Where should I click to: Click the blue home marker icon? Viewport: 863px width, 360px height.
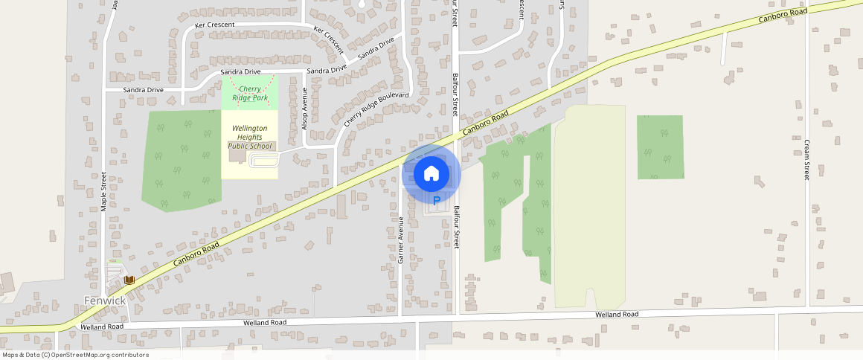[431, 174]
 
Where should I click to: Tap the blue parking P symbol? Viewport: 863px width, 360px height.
[437, 200]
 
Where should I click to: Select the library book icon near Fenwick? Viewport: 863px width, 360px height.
[129, 280]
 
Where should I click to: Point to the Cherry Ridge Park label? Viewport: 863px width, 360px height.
[249, 93]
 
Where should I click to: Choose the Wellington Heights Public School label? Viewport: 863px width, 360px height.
[249, 137]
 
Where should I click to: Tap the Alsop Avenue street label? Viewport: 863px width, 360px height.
[304, 109]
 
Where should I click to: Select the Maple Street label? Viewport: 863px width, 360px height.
[104, 192]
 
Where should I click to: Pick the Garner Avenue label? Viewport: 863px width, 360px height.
[401, 240]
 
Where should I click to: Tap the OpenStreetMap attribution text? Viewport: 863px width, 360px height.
[74, 355]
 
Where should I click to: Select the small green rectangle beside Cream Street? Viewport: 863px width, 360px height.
[660, 147]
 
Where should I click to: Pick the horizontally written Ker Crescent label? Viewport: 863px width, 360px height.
[215, 25]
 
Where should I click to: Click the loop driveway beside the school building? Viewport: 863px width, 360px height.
[264, 161]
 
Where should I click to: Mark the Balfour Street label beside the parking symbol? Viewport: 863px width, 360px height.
[457, 228]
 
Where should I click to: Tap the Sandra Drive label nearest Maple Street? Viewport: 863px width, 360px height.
[144, 90]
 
